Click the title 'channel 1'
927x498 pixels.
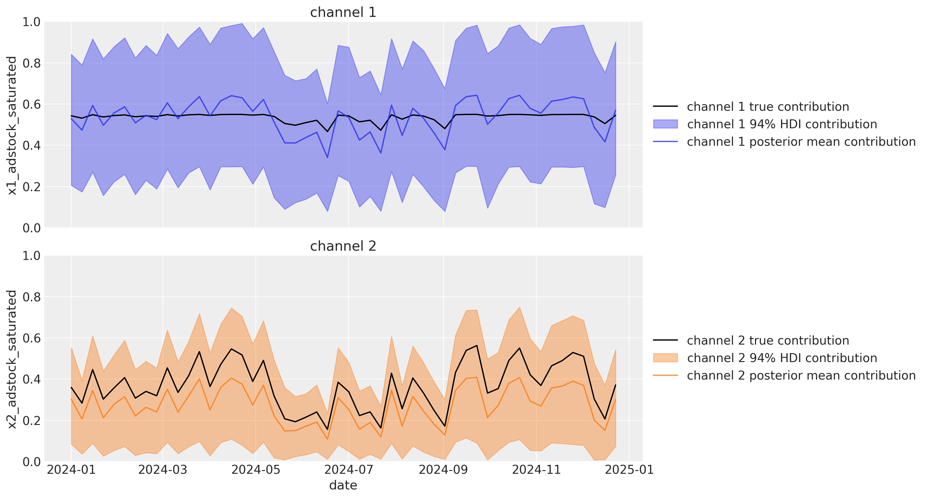(343, 12)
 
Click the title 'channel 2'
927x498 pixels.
(343, 246)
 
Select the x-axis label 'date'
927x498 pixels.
(343, 485)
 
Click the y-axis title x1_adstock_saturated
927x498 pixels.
(12, 125)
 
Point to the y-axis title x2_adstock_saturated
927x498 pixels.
(12, 359)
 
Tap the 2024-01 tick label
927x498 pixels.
(71, 469)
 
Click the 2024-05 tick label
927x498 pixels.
(255, 469)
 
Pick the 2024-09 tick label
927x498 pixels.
(443, 469)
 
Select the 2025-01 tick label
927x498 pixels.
(629, 469)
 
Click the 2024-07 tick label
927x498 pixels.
(348, 469)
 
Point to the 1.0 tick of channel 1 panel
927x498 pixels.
(32, 22)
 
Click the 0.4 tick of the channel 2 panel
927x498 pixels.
(32, 379)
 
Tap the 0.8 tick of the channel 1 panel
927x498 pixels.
(32, 63)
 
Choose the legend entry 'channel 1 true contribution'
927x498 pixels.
(768, 106)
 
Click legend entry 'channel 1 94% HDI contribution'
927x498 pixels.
(782, 124)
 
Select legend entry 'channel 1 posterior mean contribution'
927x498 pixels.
(801, 141)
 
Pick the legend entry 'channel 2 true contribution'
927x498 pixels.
(768, 340)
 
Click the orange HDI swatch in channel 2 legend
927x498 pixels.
(665, 357)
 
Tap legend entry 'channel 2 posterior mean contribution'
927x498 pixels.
(801, 375)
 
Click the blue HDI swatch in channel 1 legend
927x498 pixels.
(665, 124)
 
